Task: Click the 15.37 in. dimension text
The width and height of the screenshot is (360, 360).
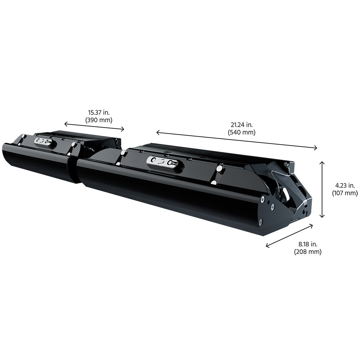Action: pyautogui.click(x=99, y=112)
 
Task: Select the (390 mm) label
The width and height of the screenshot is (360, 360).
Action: pyautogui.click(x=99, y=120)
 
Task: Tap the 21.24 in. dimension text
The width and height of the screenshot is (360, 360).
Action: pyautogui.click(x=242, y=125)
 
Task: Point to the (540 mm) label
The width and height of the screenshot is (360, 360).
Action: pyautogui.click(x=242, y=132)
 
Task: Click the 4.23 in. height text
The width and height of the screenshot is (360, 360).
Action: pyautogui.click(x=345, y=185)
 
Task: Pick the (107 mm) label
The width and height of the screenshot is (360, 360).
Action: pyautogui.click(x=345, y=193)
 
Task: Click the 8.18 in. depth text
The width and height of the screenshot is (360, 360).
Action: pyautogui.click(x=308, y=244)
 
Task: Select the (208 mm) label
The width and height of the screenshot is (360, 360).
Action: pyautogui.click(x=308, y=252)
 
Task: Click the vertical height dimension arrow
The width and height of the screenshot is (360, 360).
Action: pyautogui.click(x=322, y=189)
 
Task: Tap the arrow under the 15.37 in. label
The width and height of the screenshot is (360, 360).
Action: pyautogui.click(x=94, y=126)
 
